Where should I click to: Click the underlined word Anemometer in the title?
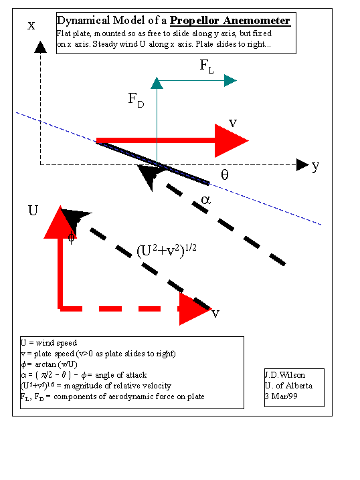[x=256, y=21]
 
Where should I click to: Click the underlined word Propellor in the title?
[x=194, y=21]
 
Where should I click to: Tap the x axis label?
[x=31, y=25]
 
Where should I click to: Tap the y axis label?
[x=316, y=166]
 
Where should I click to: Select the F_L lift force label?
[x=207, y=66]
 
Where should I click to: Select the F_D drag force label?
[x=136, y=100]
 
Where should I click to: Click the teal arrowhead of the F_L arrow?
[x=230, y=80]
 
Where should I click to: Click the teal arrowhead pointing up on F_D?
[x=157, y=84]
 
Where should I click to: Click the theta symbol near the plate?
[x=225, y=174]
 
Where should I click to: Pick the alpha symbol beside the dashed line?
[x=206, y=200]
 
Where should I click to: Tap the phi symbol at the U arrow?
[x=71, y=237]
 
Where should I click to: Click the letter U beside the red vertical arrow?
[x=33, y=211]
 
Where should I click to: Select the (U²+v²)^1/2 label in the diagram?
[x=167, y=251]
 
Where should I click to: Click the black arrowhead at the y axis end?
[x=302, y=165]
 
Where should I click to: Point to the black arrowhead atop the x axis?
[x=40, y=47]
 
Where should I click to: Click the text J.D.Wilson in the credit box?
[x=285, y=375]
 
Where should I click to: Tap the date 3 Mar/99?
[x=281, y=396]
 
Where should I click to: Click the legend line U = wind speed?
[x=49, y=343]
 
